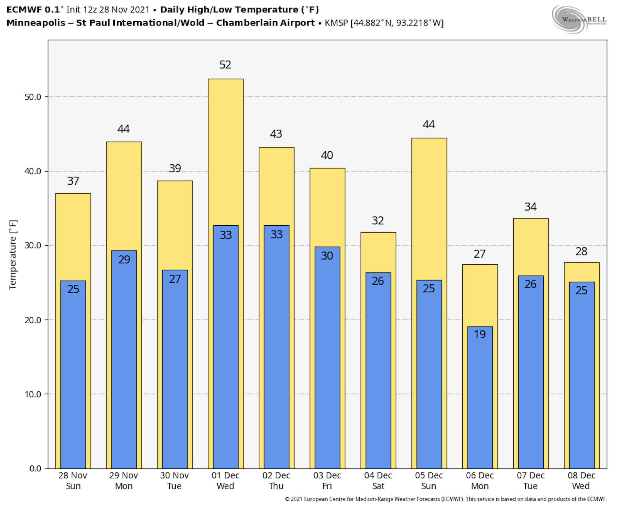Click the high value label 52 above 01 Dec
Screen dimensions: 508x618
click(225, 65)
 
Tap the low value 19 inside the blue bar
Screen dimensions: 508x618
click(480, 334)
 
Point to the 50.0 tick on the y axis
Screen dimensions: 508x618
click(33, 97)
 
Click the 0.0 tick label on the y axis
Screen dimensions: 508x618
click(35, 468)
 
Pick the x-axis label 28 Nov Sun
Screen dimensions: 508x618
click(73, 481)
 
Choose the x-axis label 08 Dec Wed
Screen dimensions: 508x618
click(581, 481)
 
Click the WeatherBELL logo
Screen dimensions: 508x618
click(579, 19)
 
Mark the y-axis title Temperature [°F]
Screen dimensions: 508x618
click(13, 255)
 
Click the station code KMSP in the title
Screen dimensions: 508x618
click(336, 23)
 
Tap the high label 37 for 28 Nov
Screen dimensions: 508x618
click(73, 181)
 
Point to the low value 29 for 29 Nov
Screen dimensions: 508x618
click(124, 259)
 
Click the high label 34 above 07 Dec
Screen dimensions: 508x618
click(530, 207)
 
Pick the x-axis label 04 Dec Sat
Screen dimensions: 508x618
click(378, 481)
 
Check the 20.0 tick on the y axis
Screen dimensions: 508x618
click(33, 320)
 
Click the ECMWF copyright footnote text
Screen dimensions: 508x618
click(445, 499)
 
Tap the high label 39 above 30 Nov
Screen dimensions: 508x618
click(175, 168)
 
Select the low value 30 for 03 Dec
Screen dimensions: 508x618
click(327, 256)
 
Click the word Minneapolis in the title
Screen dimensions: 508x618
click(36, 23)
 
